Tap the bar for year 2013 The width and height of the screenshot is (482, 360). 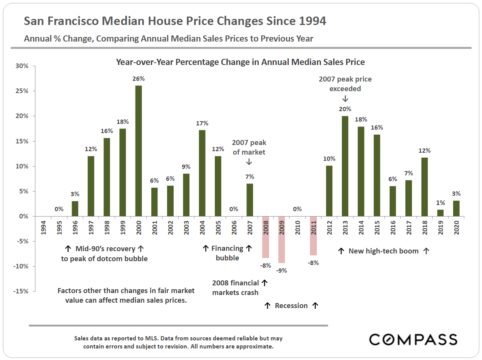coord(345,166)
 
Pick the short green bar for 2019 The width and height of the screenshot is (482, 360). coord(440,213)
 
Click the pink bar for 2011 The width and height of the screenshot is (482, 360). coord(313,236)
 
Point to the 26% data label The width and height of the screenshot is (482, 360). coord(138,78)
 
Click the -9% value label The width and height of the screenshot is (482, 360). coord(281,270)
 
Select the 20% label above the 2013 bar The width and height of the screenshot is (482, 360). coord(345,109)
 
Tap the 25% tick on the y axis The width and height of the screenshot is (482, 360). coord(22,91)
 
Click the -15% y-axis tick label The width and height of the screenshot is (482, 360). coord(21,291)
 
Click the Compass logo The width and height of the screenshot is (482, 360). coord(413,339)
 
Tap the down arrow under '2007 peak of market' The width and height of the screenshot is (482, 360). coord(249,162)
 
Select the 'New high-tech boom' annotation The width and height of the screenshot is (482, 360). coord(383,251)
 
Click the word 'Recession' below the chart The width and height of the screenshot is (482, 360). coord(291,306)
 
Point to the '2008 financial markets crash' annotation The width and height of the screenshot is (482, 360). coord(235,288)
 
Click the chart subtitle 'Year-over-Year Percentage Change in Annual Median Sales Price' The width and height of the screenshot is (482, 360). coord(241,62)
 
